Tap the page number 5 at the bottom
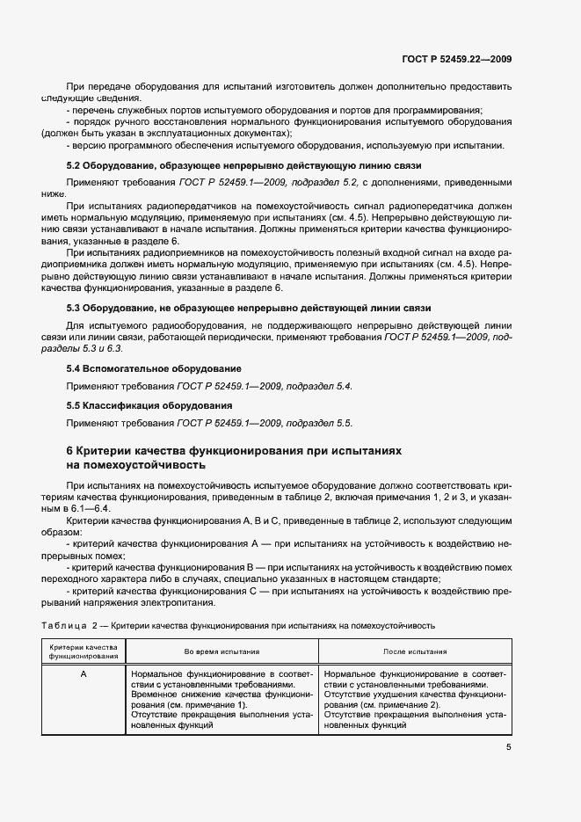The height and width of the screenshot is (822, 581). point(508,747)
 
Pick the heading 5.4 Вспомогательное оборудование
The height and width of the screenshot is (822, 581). point(155,367)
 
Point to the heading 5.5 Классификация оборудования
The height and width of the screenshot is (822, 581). point(149,405)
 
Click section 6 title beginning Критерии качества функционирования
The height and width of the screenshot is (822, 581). point(235,451)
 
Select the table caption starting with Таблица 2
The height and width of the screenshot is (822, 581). point(238,625)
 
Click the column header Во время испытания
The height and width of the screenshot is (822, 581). point(222,651)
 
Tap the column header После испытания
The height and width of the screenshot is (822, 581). point(415,651)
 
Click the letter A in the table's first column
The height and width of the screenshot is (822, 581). point(83,673)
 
